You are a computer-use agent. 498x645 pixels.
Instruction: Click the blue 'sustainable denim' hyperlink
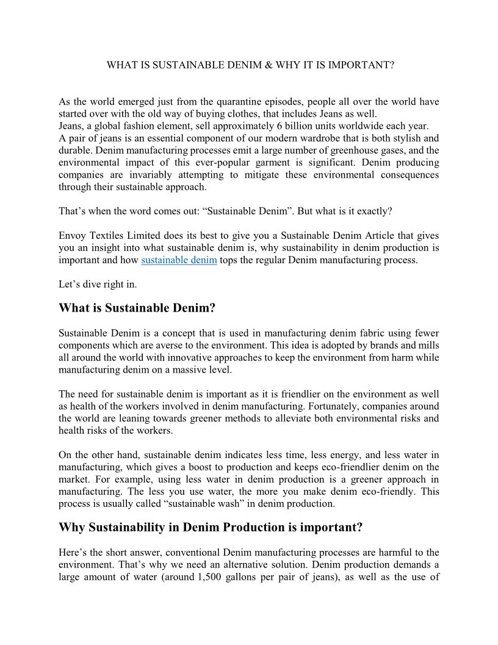pos(179,260)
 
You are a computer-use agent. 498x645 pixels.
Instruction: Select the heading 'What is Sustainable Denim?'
pos(137,308)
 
